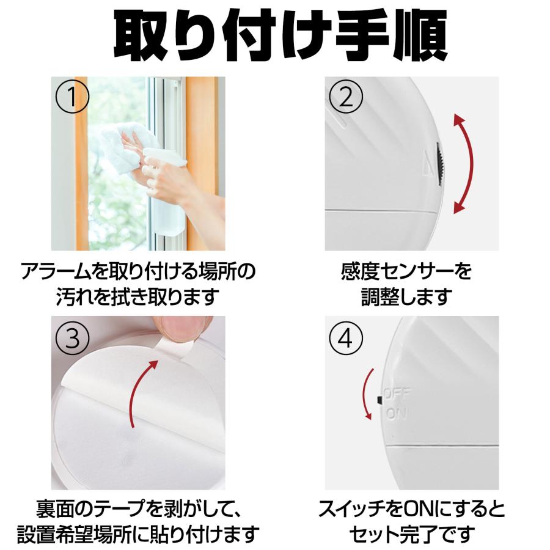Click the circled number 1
(x=72, y=97)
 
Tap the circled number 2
(x=346, y=97)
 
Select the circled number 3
(x=72, y=338)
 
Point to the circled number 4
(x=346, y=338)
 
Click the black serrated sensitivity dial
(x=440, y=164)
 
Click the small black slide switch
(x=379, y=400)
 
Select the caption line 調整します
(x=406, y=297)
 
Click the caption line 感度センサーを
(x=406, y=271)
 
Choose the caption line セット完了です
(x=411, y=535)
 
